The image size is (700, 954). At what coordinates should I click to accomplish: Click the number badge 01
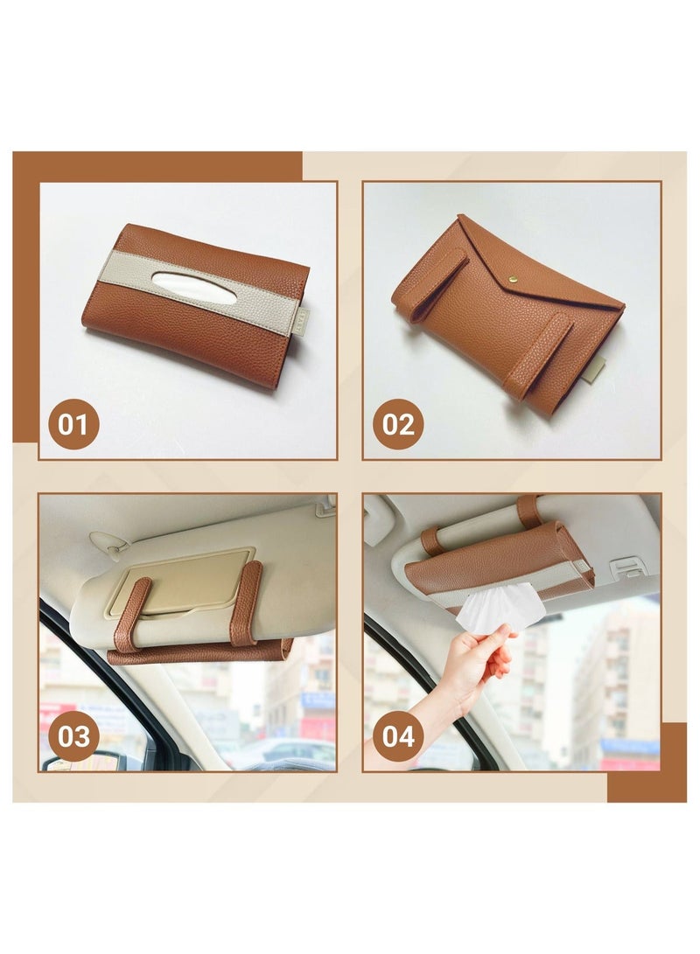coord(73,424)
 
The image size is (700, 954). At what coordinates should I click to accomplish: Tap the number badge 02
coord(398,424)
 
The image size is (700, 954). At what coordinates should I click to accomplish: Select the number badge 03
coord(73,736)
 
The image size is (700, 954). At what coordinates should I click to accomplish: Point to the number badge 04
coord(398,736)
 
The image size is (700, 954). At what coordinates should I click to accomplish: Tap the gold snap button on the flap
coord(512,279)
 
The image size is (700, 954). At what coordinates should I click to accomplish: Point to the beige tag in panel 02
coord(593,371)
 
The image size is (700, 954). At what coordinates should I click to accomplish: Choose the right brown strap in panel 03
coord(246,603)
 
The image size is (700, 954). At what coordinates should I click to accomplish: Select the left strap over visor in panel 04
coord(432,541)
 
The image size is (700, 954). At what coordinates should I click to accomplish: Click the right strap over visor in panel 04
coord(529,511)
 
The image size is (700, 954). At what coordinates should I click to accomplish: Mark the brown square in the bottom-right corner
coord(647,763)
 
